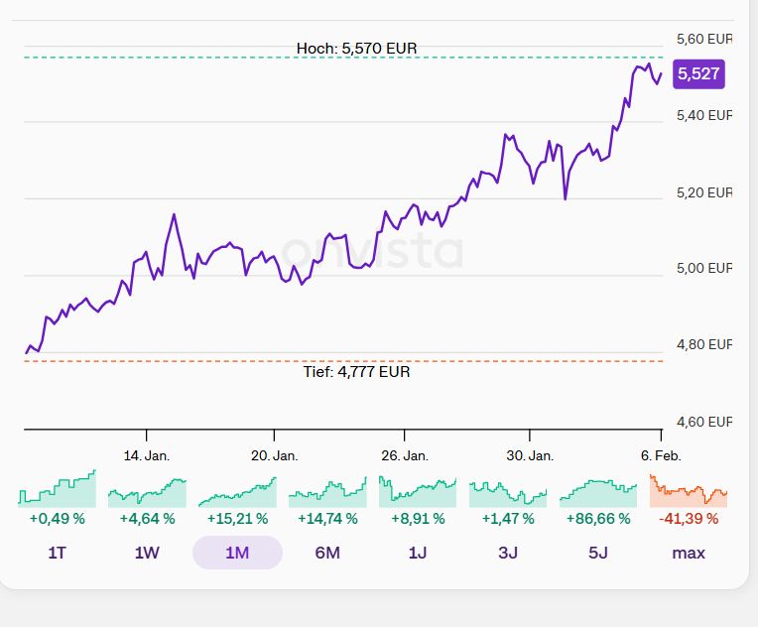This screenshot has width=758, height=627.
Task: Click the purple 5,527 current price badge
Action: tap(698, 74)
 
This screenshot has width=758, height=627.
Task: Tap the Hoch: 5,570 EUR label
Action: tap(356, 48)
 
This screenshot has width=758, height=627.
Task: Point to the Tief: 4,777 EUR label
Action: tap(356, 372)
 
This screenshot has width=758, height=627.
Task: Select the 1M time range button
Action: tap(237, 553)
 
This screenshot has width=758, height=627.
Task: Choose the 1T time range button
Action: tap(57, 553)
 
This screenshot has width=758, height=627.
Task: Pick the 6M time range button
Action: tap(327, 553)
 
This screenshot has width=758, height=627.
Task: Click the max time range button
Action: tap(689, 553)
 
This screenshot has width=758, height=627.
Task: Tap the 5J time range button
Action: tap(598, 553)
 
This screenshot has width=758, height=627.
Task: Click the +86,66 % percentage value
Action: tap(598, 518)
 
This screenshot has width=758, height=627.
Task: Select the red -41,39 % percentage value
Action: tap(689, 518)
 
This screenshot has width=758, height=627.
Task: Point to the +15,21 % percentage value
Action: tap(237, 518)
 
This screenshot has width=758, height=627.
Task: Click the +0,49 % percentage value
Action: tap(57, 518)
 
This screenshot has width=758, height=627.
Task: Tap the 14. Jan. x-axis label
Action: tap(147, 455)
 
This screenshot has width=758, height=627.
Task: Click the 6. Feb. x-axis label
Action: tap(661, 455)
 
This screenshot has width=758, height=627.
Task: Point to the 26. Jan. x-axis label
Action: tap(404, 455)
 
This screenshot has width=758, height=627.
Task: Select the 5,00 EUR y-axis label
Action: tap(703, 268)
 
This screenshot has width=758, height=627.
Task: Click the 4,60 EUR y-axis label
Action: tap(703, 422)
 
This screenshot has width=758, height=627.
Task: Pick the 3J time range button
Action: tap(508, 553)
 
